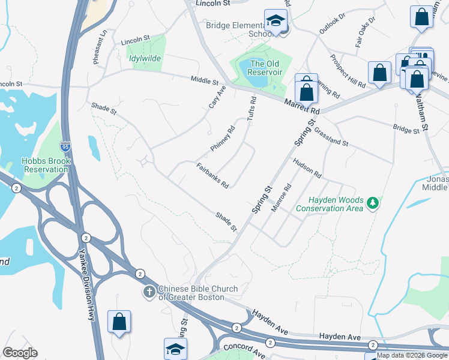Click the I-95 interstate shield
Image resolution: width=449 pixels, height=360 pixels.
coord(65,146)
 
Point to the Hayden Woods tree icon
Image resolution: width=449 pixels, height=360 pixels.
coord(373,203)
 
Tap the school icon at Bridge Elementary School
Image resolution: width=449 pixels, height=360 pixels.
coord(276,22)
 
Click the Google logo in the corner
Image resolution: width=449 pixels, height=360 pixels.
coord(20,353)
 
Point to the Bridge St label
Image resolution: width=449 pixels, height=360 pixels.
coord(406,130)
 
